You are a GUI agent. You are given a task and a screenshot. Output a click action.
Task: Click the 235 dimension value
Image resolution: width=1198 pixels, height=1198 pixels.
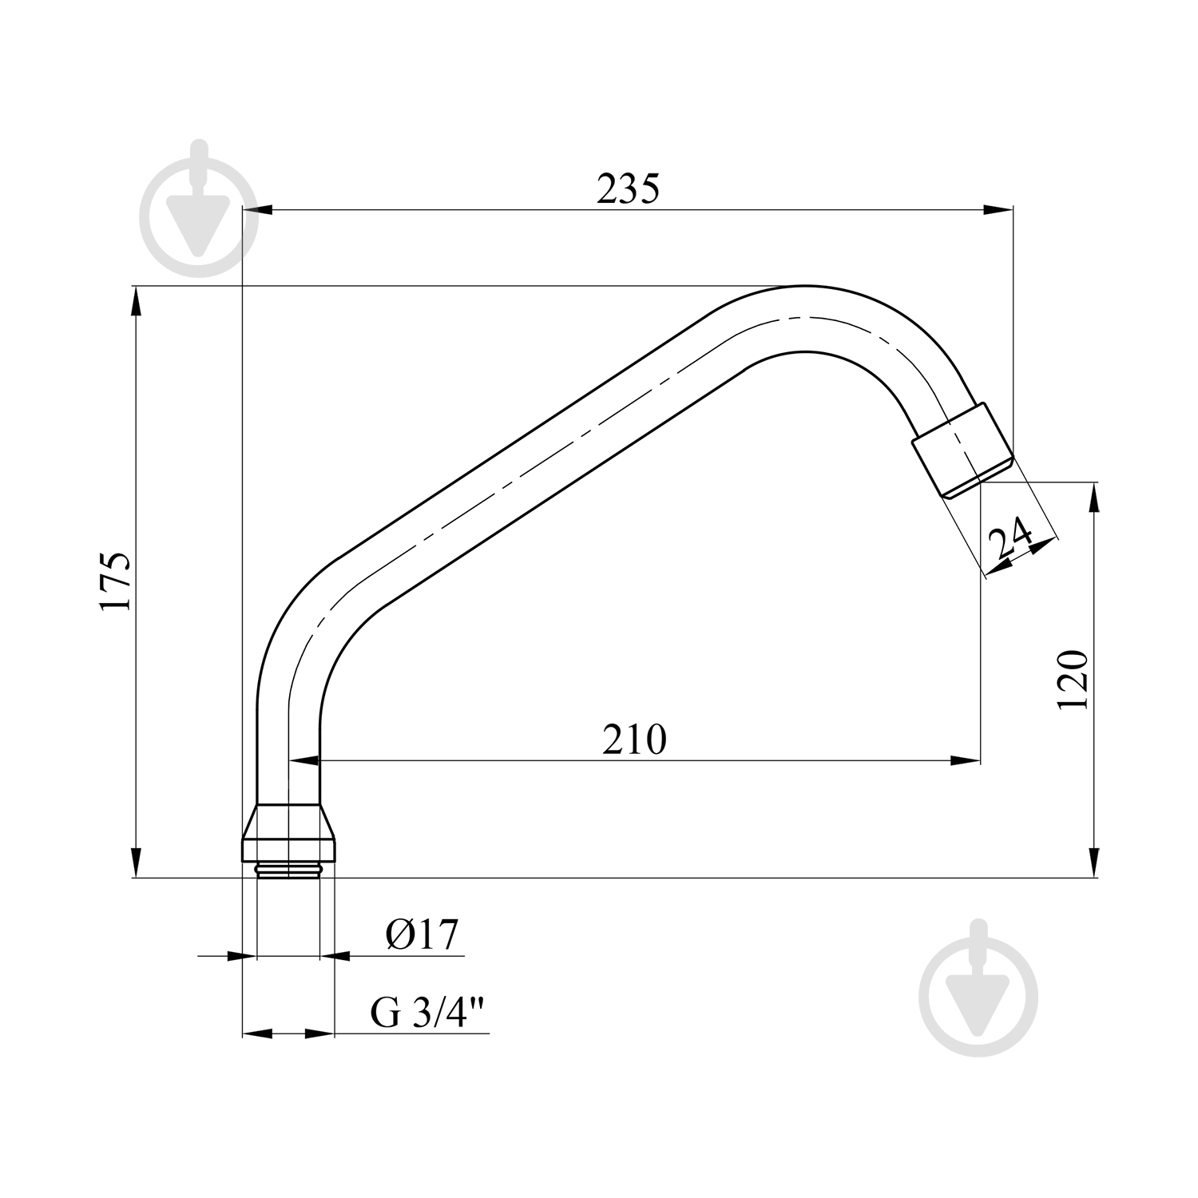(629, 189)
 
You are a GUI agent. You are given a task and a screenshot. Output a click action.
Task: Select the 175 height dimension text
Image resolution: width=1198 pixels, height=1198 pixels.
(114, 581)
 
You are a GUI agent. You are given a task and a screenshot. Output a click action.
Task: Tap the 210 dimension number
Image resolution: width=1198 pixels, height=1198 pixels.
(634, 740)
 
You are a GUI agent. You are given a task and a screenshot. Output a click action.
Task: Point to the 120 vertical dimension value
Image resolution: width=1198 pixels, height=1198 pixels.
(1072, 680)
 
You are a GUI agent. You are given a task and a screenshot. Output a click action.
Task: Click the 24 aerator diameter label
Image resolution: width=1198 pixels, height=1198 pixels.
(1010, 540)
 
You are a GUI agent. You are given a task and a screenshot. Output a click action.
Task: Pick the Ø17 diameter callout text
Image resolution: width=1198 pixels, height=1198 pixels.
(422, 934)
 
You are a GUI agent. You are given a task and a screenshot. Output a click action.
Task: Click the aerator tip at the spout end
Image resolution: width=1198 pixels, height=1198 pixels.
(963, 450)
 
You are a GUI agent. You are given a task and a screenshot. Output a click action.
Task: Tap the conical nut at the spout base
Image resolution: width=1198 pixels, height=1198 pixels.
(288, 832)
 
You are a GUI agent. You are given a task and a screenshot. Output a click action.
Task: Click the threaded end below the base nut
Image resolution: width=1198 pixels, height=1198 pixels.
(288, 870)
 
